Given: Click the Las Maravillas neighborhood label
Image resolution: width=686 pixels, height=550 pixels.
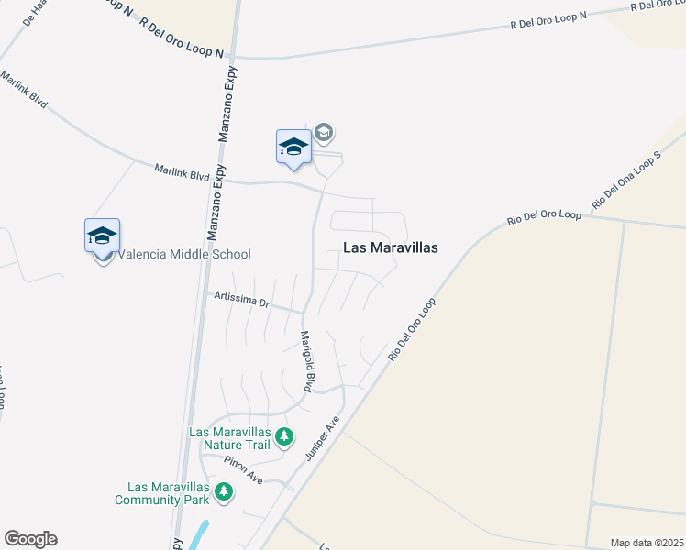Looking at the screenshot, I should [390, 247].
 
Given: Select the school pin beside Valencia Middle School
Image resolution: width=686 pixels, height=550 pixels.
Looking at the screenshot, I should [103, 237].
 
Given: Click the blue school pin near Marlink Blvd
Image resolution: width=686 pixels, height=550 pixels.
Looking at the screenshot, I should [293, 148].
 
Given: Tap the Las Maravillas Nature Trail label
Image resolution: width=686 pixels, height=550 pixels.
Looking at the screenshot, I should [229, 438].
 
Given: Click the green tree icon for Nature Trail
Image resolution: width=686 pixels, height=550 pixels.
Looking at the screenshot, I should [284, 436].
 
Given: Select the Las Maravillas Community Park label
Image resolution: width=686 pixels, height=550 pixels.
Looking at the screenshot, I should [162, 493].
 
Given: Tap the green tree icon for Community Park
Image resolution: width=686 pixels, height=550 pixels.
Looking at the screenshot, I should [223, 494].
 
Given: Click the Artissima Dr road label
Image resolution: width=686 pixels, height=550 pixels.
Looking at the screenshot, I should [240, 299].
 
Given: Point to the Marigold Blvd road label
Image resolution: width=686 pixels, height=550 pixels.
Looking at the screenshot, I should [309, 362].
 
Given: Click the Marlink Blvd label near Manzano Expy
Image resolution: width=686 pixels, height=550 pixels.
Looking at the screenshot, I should [183, 171].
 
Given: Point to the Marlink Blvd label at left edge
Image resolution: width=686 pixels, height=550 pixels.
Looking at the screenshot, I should [23, 88].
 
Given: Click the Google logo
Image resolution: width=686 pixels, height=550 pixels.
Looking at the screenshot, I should [30, 539].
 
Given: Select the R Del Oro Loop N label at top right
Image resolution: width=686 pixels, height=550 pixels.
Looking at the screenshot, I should [548, 20].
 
